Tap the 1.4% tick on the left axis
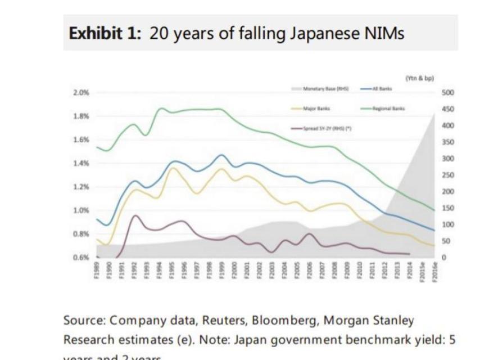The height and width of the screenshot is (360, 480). coord(80,163)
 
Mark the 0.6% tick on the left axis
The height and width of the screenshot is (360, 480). coord(80,257)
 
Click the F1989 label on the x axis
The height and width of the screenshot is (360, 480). coord(97,271)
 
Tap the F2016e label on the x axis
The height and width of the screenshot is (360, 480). coord(436,272)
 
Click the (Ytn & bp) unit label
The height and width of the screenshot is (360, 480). coord(415,78)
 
